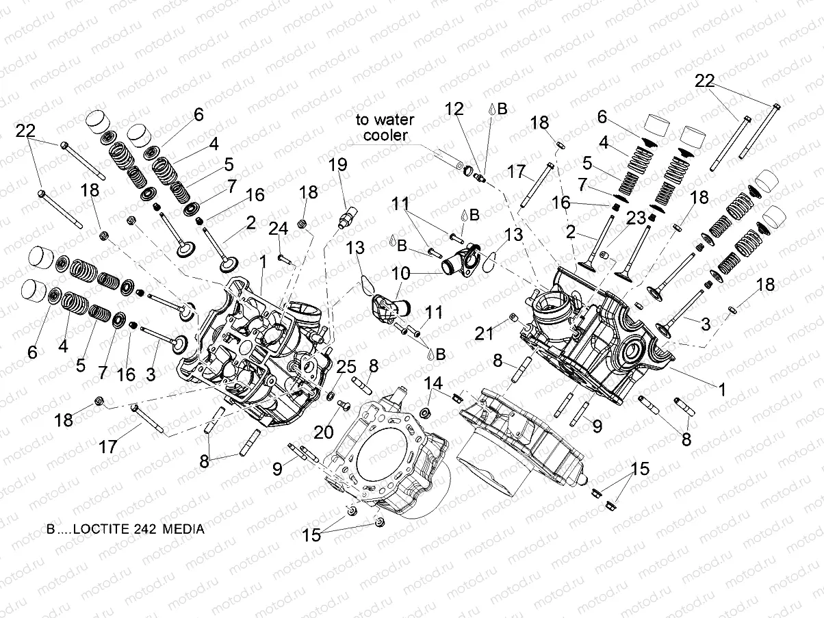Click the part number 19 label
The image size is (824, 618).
pyautogui.click(x=337, y=165)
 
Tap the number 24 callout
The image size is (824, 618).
pyautogui.click(x=278, y=228)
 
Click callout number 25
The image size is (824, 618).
pyautogui.click(x=346, y=366)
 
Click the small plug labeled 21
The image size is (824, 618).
pyautogui.click(x=512, y=318)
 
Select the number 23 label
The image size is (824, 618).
pyautogui.click(x=636, y=218)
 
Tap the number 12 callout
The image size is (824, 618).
pyautogui.click(x=454, y=109)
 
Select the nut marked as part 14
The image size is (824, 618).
pyautogui.click(x=424, y=412)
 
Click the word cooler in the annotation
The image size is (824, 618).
pyautogui.click(x=385, y=135)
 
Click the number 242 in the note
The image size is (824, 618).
pyautogui.click(x=137, y=529)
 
